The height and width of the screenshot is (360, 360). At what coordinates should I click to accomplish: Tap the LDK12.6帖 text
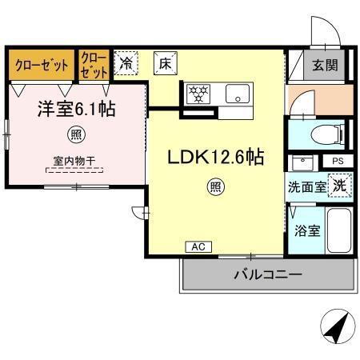pos(214,158)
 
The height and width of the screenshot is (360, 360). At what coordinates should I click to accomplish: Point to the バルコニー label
pos(267,274)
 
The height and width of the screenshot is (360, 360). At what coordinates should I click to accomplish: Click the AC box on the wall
pos(197,246)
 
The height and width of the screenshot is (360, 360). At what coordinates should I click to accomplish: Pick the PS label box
pos(337,161)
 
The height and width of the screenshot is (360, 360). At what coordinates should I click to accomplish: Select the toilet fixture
pos(325,133)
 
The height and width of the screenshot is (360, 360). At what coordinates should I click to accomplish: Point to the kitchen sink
pos(238,94)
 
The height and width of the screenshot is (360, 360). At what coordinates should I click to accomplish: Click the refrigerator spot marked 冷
pos(126,62)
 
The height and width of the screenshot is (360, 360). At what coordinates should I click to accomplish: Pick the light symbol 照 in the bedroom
pos(75,133)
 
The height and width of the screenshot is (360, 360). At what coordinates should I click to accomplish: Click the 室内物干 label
pos(75,162)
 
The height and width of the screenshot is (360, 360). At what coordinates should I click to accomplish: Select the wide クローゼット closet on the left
pos(42,65)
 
